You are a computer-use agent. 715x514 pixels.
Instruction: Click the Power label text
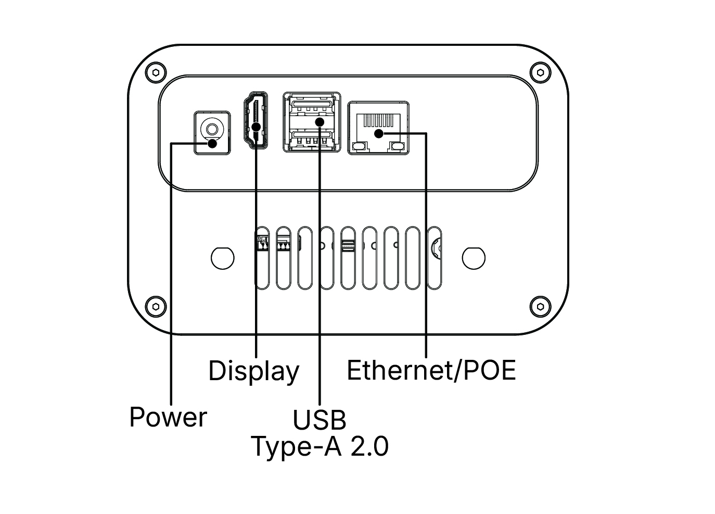[168, 417]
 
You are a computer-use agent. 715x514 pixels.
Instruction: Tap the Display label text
[253, 371]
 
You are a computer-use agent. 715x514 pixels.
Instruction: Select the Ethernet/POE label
[431, 370]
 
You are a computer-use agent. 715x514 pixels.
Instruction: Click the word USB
[319, 420]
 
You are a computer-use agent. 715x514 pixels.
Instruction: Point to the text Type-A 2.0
[320, 446]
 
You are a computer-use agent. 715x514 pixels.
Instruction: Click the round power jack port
[212, 129]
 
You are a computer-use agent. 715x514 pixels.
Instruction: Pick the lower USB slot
[312, 139]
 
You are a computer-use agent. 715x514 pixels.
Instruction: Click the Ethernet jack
[378, 128]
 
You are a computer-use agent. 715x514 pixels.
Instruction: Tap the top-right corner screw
[540, 72]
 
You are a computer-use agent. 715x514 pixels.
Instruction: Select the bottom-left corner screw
[155, 306]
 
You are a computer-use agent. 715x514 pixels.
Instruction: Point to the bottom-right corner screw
[540, 306]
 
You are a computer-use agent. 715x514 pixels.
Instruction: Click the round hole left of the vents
[222, 257]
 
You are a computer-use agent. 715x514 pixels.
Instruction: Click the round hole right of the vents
[474, 257]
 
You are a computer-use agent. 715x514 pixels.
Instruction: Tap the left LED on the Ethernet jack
[358, 147]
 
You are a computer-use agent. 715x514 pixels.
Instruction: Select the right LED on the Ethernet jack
[398, 147]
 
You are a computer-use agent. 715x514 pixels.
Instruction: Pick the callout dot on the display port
[256, 127]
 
